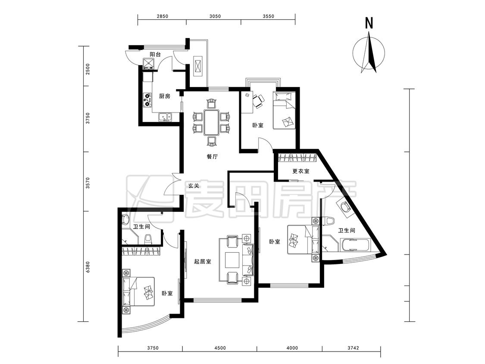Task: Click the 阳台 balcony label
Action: [x=155, y=54]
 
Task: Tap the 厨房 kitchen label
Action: [x=165, y=96]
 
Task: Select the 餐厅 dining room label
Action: [x=212, y=157]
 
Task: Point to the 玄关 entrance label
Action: [x=194, y=186]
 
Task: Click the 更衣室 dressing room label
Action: [x=301, y=171]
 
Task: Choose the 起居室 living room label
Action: [x=203, y=261]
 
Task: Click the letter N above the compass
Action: [x=369, y=24]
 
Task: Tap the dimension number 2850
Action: [x=163, y=16]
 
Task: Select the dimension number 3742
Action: [x=353, y=348]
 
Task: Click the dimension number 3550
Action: [x=269, y=16]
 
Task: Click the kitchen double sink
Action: [x=165, y=117]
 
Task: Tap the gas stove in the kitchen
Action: [x=147, y=100]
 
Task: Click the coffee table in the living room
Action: [x=232, y=260]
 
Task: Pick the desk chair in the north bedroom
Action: [x=259, y=101]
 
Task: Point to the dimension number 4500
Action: [x=220, y=348]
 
